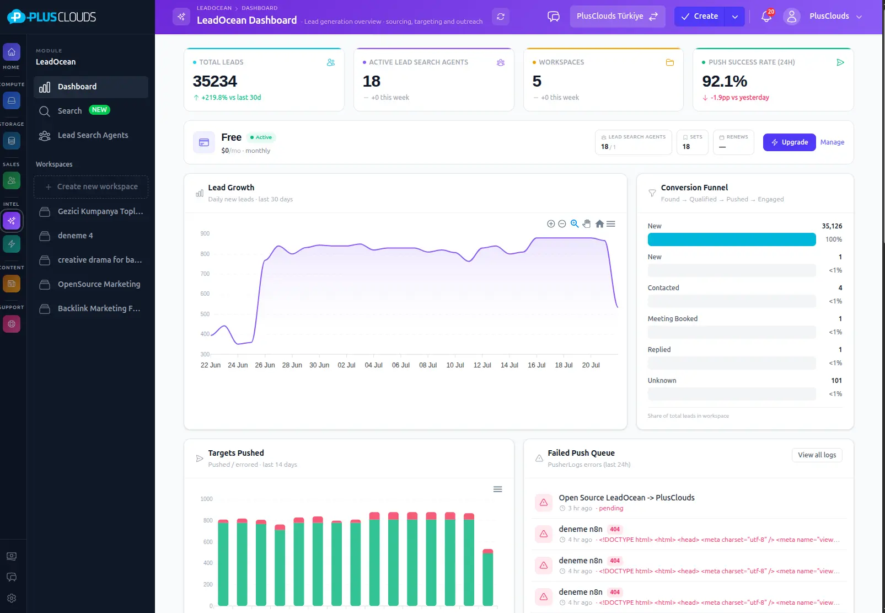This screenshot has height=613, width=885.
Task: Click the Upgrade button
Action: [789, 142]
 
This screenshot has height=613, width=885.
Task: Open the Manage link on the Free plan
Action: [832, 142]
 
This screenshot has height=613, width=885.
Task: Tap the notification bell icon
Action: [766, 17]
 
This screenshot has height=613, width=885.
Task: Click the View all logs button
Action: [817, 455]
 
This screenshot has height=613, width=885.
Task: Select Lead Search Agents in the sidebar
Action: [93, 135]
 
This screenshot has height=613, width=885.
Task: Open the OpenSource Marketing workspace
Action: [99, 284]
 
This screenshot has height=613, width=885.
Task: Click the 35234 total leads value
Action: [214, 81]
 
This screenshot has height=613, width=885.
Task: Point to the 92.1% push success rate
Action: [724, 81]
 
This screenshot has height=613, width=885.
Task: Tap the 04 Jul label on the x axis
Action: [373, 365]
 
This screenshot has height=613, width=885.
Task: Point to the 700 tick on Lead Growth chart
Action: [205, 274]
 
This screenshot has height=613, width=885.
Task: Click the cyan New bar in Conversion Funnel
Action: [731, 239]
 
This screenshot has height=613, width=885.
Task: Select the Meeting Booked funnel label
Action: [673, 318]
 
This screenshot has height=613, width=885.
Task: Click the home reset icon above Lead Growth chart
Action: [599, 223]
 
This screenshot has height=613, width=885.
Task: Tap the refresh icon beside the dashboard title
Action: [501, 17]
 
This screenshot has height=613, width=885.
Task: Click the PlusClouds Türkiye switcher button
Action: [617, 16]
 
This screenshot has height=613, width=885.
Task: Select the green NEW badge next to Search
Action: [99, 110]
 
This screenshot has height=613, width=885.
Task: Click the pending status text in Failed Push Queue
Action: [611, 508]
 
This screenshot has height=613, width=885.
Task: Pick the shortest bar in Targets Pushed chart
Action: [488, 578]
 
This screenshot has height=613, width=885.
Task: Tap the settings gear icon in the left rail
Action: [12, 598]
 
